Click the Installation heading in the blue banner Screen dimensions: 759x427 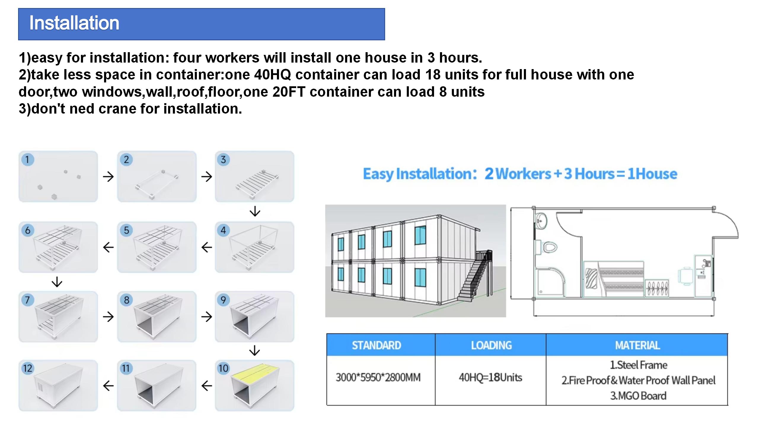[74, 23]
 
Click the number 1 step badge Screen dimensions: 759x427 [28, 160]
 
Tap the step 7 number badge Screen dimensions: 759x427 [28, 300]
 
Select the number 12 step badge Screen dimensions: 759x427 [28, 369]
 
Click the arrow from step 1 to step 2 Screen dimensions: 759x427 [108, 177]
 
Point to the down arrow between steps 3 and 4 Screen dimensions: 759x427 [255, 211]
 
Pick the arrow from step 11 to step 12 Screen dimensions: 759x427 [108, 386]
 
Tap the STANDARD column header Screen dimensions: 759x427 [377, 345]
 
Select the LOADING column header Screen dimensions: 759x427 [491, 345]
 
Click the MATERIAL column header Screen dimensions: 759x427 [637, 345]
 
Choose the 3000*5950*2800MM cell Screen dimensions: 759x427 [378, 377]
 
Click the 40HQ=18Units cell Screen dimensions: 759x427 [490, 377]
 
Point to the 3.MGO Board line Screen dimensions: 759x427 [638, 396]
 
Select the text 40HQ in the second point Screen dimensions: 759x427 [272, 75]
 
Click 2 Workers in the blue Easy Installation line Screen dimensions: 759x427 [518, 174]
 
